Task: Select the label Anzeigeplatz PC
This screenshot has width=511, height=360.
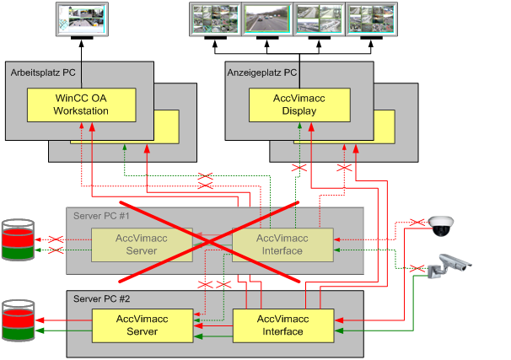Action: point(262,73)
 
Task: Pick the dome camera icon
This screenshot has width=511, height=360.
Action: point(442,225)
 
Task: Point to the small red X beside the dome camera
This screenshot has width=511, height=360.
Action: point(415,222)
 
